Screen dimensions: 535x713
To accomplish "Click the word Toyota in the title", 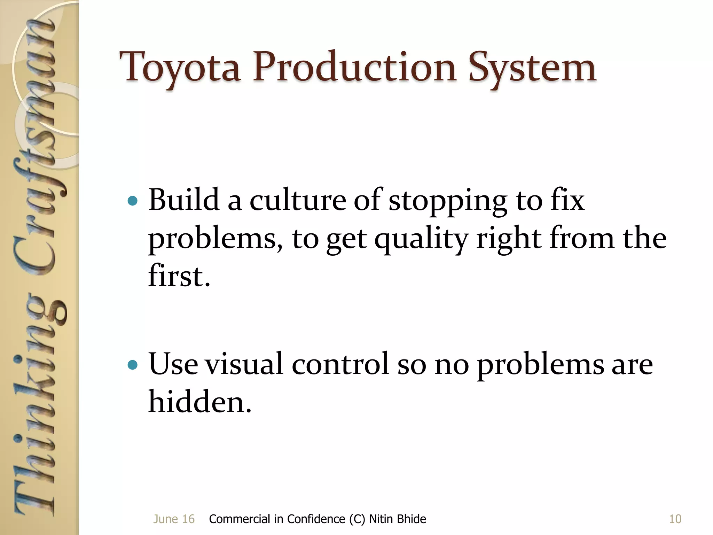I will click(180, 68).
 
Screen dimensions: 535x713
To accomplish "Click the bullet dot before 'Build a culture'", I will click(133, 201).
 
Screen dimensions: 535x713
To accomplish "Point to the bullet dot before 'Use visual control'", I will click(133, 365).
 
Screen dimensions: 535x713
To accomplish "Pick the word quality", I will click(421, 240).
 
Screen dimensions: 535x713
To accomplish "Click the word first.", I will click(179, 276).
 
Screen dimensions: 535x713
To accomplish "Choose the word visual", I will click(244, 364).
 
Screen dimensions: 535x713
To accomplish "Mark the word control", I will click(340, 364).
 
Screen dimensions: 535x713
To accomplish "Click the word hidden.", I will click(199, 402).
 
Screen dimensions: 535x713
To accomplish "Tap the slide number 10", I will click(675, 519).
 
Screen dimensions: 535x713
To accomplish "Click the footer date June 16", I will click(174, 519).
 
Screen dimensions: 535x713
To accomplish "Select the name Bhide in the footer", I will click(411, 519).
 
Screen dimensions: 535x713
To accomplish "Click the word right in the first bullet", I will click(509, 240).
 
